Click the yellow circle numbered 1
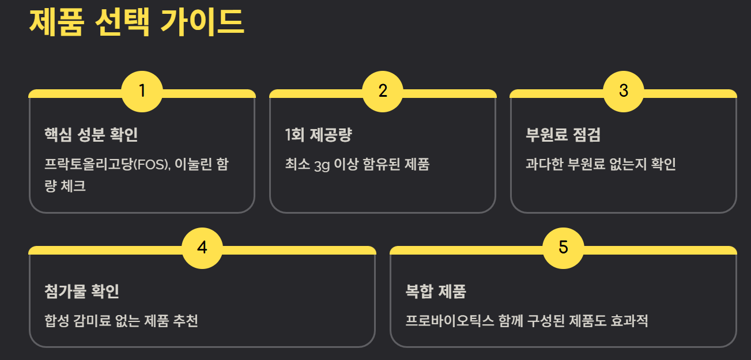click(142, 91)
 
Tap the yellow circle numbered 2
click(383, 91)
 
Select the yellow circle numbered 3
click(623, 91)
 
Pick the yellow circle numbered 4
click(202, 248)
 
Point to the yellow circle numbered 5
click(563, 248)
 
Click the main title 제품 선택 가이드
click(137, 22)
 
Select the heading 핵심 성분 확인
click(91, 135)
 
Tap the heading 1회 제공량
click(318, 135)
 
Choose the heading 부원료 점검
click(563, 135)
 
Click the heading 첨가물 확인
click(82, 291)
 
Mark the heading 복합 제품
click(436, 291)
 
